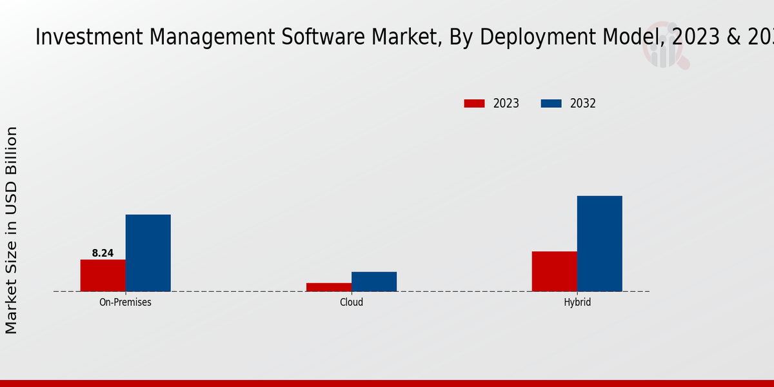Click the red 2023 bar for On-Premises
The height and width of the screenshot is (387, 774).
103,275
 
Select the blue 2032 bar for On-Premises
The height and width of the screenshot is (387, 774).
148,253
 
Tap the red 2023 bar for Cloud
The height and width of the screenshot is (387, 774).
329,287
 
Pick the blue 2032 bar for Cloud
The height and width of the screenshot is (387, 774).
374,281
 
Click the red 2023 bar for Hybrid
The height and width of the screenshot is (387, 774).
555,271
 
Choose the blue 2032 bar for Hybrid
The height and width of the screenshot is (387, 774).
600,243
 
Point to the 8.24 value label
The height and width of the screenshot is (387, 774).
103,253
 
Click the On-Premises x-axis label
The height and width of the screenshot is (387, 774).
125,302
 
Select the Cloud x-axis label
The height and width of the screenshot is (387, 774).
352,302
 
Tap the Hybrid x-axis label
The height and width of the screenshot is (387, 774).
577,302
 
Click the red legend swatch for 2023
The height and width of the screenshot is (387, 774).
474,103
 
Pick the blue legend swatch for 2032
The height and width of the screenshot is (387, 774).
551,103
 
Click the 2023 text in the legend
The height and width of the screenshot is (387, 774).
506,103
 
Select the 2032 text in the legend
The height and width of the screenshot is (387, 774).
583,103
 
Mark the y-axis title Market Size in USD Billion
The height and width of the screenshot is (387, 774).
12,230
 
